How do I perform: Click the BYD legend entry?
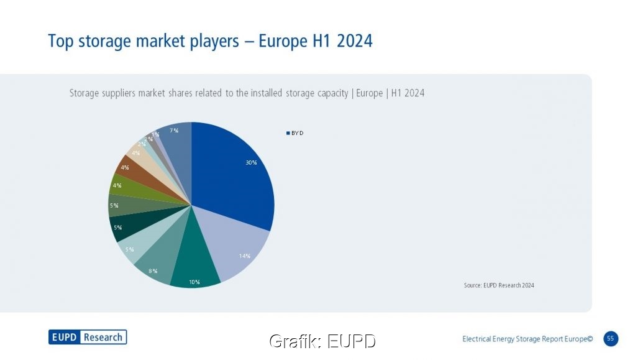pyautogui.click(x=295, y=133)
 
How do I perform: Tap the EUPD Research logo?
pyautogui.click(x=88, y=337)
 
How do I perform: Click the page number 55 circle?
pyautogui.click(x=610, y=339)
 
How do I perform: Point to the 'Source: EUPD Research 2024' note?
pyautogui.click(x=499, y=285)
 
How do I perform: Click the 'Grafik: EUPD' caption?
pyautogui.click(x=322, y=341)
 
